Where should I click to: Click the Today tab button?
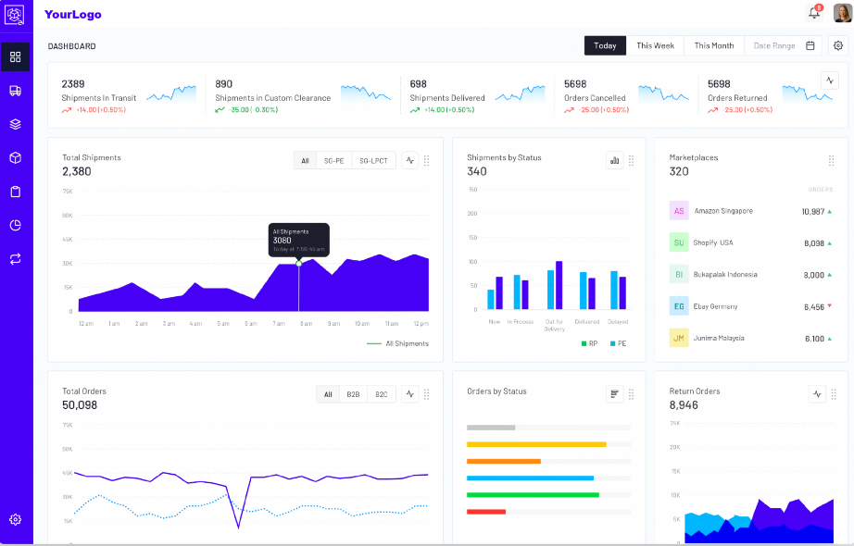[605, 45]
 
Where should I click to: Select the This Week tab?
[655, 45]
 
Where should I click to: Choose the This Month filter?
[713, 45]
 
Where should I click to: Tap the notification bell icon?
[814, 13]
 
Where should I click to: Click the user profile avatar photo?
[842, 13]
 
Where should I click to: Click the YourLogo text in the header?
[73, 15]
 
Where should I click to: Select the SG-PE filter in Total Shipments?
[333, 161]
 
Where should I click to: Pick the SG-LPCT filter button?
[373, 161]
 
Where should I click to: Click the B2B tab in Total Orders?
[353, 394]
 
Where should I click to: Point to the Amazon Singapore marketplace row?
[722, 211]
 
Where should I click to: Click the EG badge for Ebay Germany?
[679, 306]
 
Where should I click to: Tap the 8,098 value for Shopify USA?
[812, 243]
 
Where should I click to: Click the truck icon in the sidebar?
[15, 91]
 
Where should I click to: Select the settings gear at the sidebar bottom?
[15, 519]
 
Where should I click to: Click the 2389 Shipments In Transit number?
[73, 84]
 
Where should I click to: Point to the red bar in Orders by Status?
[486, 512]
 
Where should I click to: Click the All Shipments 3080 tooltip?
[298, 240]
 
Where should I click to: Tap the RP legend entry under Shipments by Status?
[589, 343]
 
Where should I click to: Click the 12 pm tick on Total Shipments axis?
[420, 324]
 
